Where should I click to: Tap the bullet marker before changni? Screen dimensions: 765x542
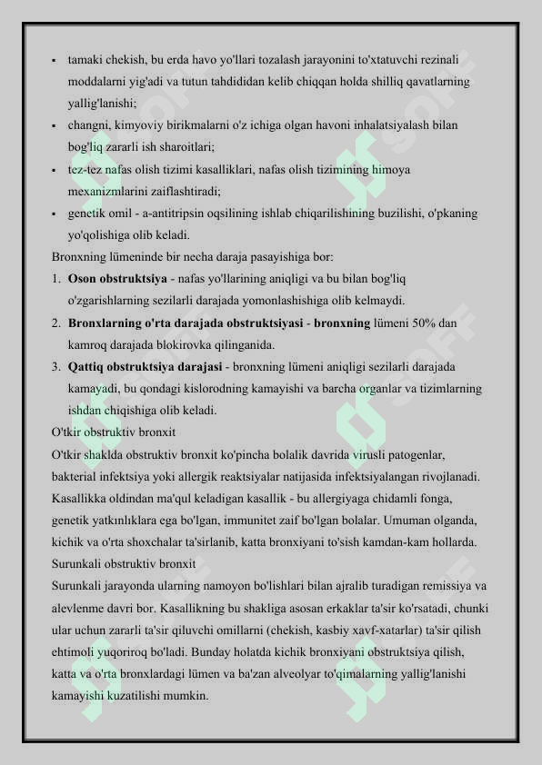pyautogui.click(x=55, y=125)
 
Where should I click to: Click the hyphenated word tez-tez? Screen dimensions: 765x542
pyautogui.click(x=86, y=169)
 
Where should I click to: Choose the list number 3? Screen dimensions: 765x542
pyautogui.click(x=56, y=366)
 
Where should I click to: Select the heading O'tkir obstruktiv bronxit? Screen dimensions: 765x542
pyautogui.click(x=114, y=432)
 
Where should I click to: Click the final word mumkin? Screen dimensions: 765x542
pyautogui.click(x=188, y=696)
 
